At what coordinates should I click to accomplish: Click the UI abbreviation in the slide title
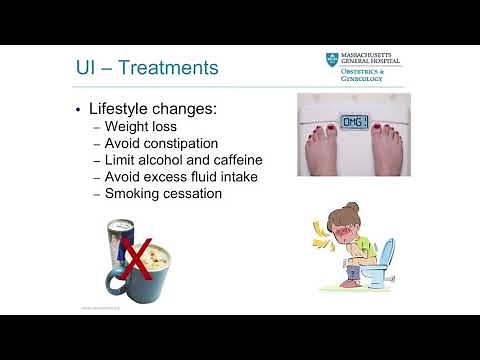click(89, 69)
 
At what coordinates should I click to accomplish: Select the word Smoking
click(136, 193)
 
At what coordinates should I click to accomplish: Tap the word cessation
click(196, 193)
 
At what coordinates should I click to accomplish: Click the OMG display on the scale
click(356, 121)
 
